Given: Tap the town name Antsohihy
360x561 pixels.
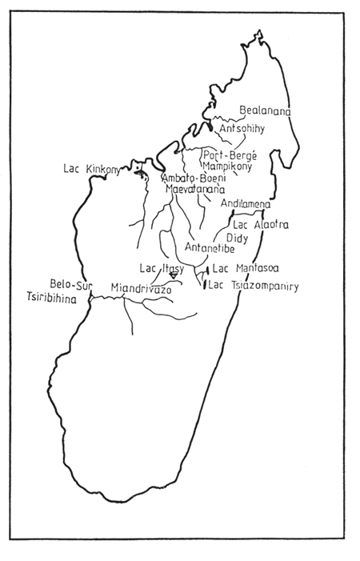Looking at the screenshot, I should tap(241, 128).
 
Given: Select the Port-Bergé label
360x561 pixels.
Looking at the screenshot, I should tap(227, 155).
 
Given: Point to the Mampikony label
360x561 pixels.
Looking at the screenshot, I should tap(227, 166).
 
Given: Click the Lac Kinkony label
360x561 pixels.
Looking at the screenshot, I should tap(91, 169).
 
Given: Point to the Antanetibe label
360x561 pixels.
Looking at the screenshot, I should tap(209, 248).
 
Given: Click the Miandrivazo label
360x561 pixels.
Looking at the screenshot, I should tap(142, 287).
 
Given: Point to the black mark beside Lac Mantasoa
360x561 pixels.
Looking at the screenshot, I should tap(208, 271).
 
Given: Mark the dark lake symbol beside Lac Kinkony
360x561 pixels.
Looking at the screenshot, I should tap(139, 173).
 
